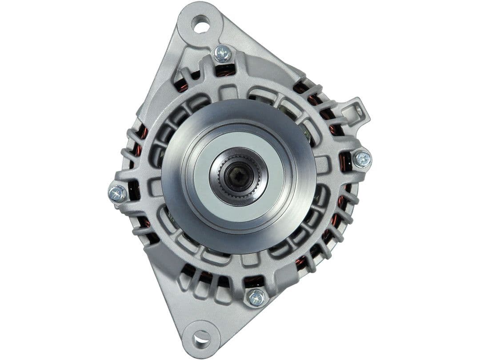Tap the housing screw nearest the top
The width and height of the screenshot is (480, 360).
pyautogui.click(x=223, y=54)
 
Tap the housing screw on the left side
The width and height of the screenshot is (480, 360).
pyautogui.click(x=117, y=194)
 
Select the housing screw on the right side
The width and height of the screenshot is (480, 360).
pyautogui.click(x=362, y=159)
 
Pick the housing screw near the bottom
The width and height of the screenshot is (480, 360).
pyautogui.click(x=256, y=297)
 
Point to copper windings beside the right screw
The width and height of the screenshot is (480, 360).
pyautogui.click(x=345, y=162)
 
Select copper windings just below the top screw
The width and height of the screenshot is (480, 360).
pyautogui.click(x=225, y=70)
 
